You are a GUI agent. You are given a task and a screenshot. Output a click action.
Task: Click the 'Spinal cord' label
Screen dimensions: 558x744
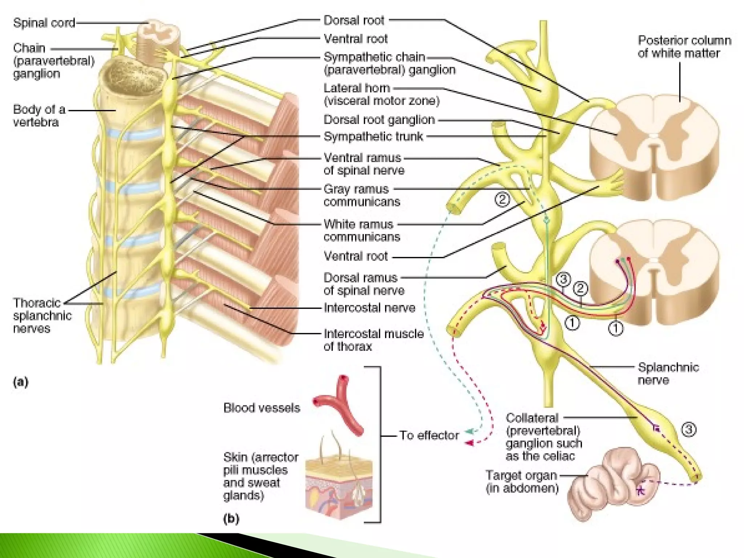[44, 23]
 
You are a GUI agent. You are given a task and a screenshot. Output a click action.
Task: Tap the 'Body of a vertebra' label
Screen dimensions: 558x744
[39, 116]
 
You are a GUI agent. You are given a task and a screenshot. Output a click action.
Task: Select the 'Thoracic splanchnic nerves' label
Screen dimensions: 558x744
[42, 315]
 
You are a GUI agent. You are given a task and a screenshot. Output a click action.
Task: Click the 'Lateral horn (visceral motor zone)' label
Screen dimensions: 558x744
[381, 94]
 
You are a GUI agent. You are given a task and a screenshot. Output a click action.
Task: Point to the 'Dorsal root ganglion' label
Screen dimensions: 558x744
[379, 120]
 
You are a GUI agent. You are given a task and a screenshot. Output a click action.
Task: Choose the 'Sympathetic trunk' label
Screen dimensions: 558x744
[373, 137]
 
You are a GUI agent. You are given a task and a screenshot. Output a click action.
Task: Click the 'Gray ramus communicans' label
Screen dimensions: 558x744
[361, 195]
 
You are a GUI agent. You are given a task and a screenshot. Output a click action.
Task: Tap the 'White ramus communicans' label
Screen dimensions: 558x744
[361, 230]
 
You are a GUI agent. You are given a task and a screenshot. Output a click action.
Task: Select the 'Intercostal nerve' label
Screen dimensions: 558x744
[369, 308]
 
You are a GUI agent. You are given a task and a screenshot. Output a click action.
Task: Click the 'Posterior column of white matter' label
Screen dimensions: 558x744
[684, 46]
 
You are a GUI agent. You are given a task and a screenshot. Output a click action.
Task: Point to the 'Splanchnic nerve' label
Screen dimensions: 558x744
[668, 373]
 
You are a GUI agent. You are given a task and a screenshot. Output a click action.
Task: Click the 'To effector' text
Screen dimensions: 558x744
[429, 435]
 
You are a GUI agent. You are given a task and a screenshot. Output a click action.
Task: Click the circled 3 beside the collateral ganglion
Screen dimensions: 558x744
[688, 430]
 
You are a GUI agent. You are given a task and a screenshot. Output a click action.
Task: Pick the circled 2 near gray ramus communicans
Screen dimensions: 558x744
[502, 199]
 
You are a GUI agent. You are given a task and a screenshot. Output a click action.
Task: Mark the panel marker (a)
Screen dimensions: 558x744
[20, 382]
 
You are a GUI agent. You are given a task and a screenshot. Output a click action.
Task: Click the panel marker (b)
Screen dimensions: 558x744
[231, 518]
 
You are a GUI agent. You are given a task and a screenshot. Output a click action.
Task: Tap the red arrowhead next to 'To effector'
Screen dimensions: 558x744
[469, 443]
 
